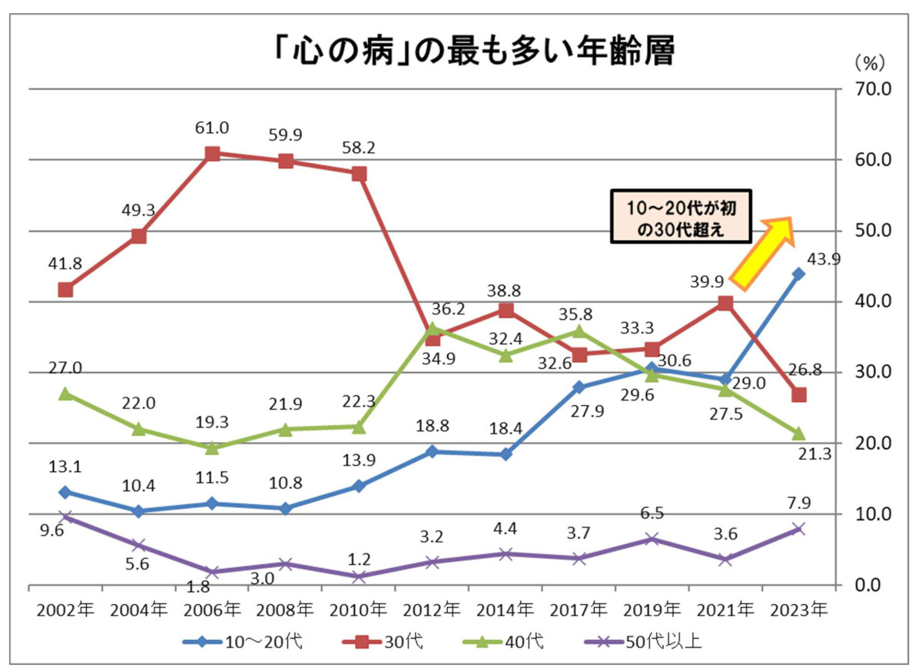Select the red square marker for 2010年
coord(359,174)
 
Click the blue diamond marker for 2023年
coord(798,274)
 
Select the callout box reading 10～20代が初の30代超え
coord(681,218)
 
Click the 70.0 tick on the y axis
coord(868,89)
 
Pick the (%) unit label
coord(870,60)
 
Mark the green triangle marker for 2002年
coord(66,394)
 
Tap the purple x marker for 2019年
coord(652,539)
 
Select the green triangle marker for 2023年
coord(798,433)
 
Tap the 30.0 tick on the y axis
coord(868,373)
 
